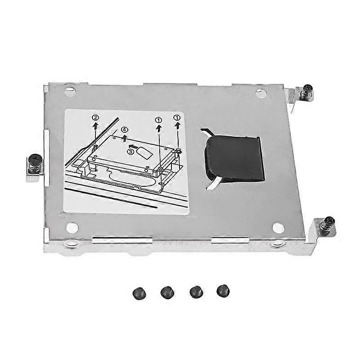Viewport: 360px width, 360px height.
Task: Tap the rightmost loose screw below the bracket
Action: [222, 290]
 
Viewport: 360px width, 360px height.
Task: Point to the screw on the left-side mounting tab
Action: [35, 163]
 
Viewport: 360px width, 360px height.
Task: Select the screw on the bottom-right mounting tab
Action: [329, 224]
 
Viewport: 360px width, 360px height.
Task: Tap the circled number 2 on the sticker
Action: [95, 118]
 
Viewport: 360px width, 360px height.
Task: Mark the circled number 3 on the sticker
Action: [130, 152]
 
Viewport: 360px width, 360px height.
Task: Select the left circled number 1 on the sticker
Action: [158, 121]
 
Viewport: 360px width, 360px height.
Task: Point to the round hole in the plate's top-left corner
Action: [70, 92]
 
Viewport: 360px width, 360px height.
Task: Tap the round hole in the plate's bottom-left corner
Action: [72, 228]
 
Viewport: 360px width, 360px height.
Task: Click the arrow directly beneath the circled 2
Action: [95, 127]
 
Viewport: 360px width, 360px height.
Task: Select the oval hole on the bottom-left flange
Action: [70, 244]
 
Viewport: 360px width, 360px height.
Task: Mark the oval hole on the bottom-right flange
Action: [277, 244]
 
